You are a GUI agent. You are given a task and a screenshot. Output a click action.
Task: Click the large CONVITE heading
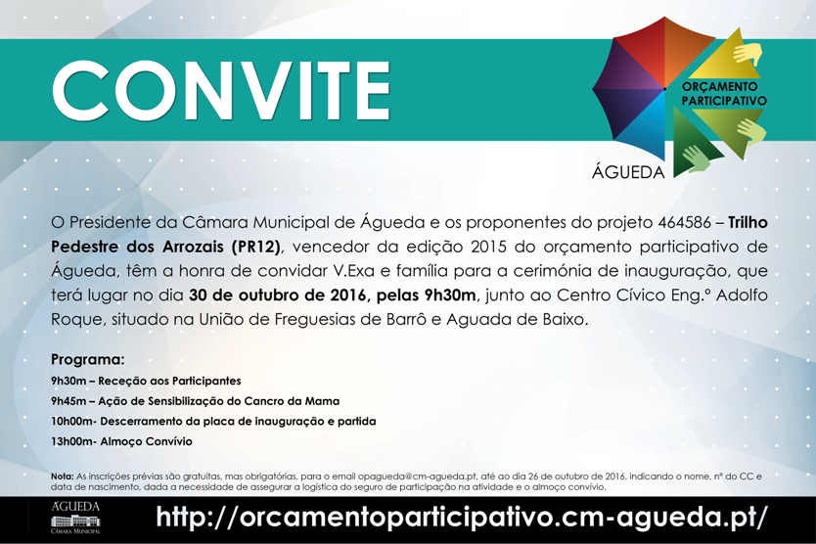tap(221, 90)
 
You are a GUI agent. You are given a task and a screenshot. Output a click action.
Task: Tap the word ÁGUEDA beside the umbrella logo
tap(628, 172)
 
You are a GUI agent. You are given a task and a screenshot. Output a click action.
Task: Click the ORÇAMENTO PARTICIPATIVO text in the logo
tap(723, 94)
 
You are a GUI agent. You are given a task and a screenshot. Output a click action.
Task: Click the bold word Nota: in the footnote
tap(63, 476)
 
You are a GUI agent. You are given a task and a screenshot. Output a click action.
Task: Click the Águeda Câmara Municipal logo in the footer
tap(75, 519)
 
